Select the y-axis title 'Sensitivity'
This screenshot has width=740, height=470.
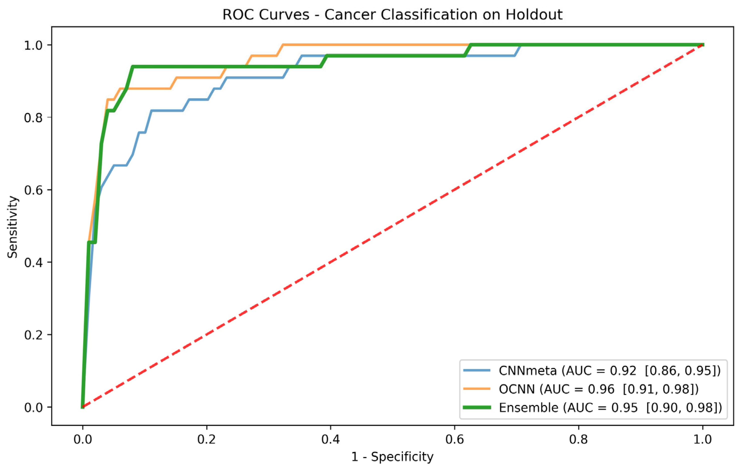point(13,227)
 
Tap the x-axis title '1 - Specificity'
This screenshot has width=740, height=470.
point(392,456)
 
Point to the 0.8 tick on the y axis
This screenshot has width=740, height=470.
point(33,117)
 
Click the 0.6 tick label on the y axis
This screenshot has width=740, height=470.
point(33,190)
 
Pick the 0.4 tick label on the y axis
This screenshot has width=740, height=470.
point(33,262)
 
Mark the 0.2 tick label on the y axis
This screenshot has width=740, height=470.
point(33,335)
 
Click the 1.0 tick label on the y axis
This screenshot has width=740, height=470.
point(33,45)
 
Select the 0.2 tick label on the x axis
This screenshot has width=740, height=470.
point(206,439)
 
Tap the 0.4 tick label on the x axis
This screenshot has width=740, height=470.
point(330,439)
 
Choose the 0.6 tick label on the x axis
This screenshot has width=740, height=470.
point(454,439)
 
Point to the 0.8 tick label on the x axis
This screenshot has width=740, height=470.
point(579,439)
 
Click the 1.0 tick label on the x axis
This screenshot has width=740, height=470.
point(702,439)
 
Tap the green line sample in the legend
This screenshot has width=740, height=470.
point(477,408)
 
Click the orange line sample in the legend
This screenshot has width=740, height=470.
point(477,389)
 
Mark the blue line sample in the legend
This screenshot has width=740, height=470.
point(477,371)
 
